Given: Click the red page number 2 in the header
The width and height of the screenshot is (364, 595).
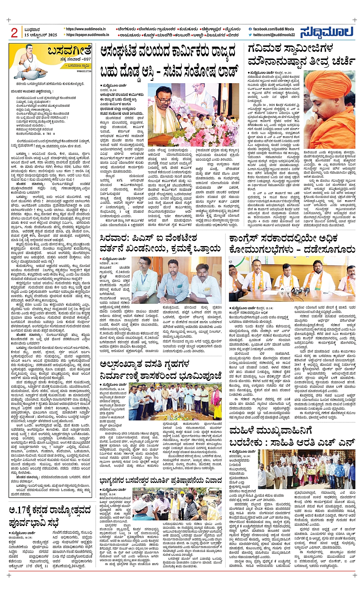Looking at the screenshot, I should click(x=15, y=33).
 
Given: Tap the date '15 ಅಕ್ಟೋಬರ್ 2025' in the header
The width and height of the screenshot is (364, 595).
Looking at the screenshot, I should click(x=40, y=35).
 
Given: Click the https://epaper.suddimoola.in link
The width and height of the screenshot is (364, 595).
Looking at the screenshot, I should click(x=87, y=35).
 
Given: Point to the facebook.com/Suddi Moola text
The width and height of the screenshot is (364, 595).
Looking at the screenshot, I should click(x=273, y=29).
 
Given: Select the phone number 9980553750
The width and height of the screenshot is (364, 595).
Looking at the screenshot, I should click(x=84, y=71).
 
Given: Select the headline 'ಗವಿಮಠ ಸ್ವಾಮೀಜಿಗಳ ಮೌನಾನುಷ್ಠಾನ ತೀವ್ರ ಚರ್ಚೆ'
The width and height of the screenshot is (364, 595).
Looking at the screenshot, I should click(x=301, y=55).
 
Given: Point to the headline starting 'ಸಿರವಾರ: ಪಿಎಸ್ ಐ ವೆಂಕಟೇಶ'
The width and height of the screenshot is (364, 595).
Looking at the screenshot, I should click(x=160, y=243).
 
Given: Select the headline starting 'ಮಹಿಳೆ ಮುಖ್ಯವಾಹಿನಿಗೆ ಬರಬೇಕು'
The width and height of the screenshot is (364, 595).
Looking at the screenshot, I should click(x=292, y=437).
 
